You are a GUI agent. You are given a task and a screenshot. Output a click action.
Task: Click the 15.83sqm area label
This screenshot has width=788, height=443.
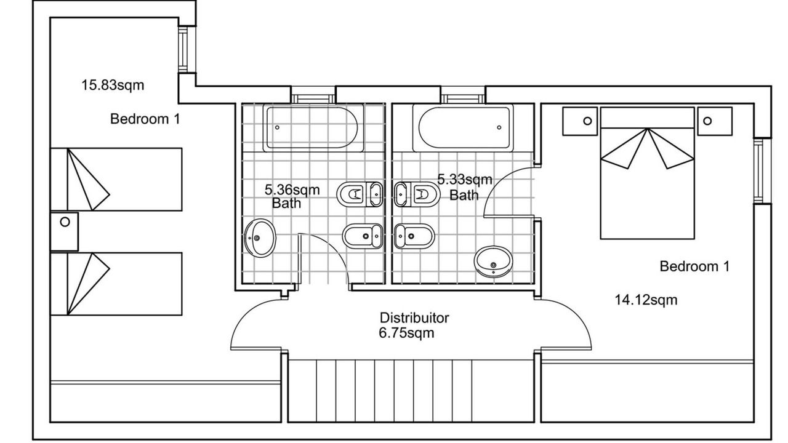pos(113,86)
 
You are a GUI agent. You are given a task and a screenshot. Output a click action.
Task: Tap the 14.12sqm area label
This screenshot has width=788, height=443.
pos(646,300)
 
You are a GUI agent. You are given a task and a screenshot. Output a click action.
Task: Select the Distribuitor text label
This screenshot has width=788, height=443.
pos(414,318)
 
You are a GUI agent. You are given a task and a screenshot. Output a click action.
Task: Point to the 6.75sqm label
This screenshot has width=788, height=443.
pos(406,333)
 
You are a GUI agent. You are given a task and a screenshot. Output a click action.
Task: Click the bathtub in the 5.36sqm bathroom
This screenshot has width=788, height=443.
pos(313,127)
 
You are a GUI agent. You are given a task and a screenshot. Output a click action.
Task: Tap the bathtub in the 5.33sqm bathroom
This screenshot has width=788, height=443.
pos(463,127)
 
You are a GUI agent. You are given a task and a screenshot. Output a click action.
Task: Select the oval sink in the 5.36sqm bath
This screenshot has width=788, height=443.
pos(260,238)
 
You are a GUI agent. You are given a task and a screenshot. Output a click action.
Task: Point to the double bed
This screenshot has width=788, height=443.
pos(647,174)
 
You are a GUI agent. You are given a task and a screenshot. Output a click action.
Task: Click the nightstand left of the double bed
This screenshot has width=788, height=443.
pos(580,121)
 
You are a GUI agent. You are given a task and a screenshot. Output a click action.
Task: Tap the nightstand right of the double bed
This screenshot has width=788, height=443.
pos(715,121)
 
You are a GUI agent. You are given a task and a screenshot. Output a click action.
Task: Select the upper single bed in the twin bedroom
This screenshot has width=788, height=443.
pos(116,179)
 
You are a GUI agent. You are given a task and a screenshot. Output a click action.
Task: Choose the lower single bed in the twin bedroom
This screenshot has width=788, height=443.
pos(116,284)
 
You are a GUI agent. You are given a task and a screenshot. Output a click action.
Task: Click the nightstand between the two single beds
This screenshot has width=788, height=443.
pos(65,231)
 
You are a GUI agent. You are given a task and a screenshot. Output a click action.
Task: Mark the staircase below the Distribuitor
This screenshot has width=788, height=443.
pos(411,391)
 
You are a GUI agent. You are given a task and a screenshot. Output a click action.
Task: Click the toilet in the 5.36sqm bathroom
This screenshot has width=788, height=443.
pos(360,194)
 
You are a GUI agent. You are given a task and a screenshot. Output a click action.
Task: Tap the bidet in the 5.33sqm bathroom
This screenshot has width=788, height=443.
pos(414,236)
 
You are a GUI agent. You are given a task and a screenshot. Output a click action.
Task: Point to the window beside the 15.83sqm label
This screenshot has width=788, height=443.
pos(183,49)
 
